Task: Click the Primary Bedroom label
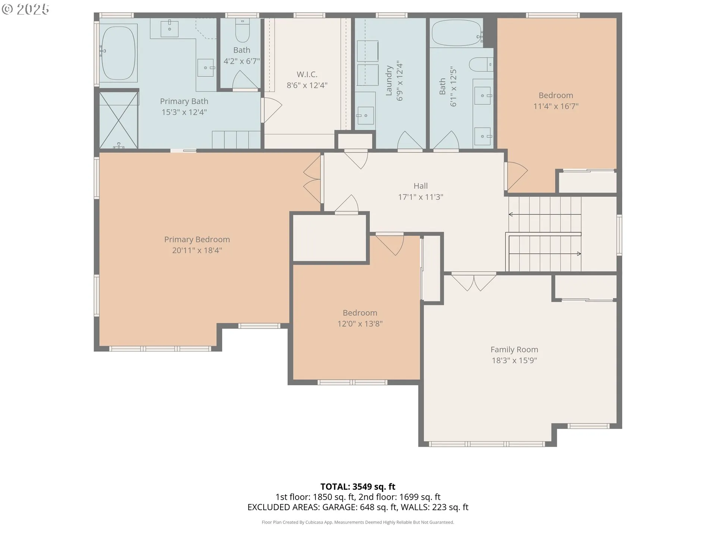pyautogui.click(x=197, y=239)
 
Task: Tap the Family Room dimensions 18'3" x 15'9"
pyautogui.click(x=514, y=360)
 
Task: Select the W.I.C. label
pyautogui.click(x=307, y=74)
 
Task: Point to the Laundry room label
pyautogui.click(x=389, y=81)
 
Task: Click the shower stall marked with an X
pyautogui.click(x=119, y=120)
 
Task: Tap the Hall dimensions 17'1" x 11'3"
pyautogui.click(x=421, y=197)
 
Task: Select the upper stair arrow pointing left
pyautogui.click(x=545, y=214)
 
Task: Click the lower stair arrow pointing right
pyautogui.click(x=545, y=254)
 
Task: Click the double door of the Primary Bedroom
pyautogui.click(x=313, y=179)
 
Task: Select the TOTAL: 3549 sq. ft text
pyautogui.click(x=358, y=487)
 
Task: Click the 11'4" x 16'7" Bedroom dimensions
pyautogui.click(x=556, y=106)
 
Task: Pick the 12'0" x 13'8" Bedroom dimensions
pyautogui.click(x=360, y=324)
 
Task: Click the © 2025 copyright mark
pyautogui.click(x=25, y=9)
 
